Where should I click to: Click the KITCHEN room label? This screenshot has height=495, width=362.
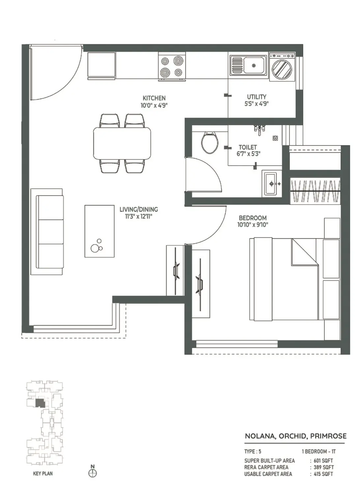[154, 98]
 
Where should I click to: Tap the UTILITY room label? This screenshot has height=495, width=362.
[256, 97]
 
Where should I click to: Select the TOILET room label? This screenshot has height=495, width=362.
[248, 147]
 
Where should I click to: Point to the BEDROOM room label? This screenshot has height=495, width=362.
[253, 218]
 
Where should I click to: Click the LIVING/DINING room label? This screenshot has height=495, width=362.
[138, 209]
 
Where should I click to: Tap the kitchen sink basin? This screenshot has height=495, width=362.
[254, 65]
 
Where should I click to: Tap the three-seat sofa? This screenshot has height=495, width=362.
[47, 232]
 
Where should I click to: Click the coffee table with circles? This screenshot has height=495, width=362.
[100, 231]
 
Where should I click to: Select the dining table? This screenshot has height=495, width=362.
[122, 143]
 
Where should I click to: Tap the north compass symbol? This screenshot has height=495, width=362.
[93, 473]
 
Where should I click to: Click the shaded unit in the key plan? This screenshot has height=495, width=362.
[40, 403]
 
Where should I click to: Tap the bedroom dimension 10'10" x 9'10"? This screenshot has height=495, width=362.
[253, 225]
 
